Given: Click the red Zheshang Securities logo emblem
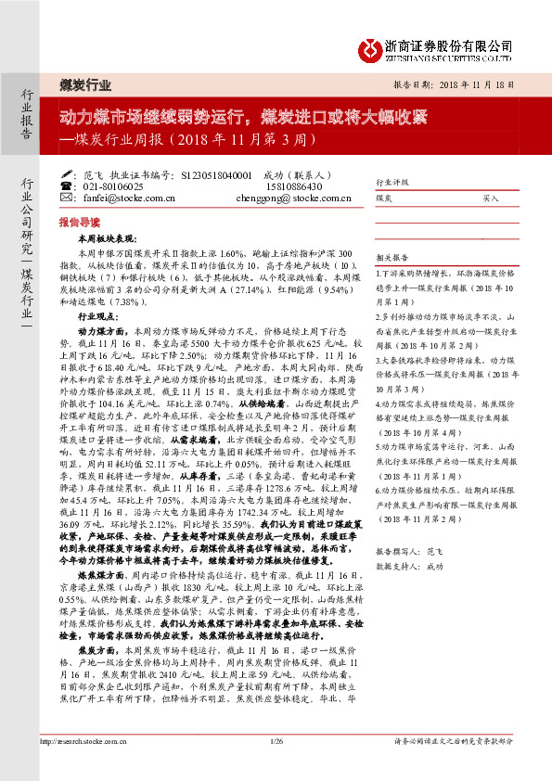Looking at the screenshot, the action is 374,47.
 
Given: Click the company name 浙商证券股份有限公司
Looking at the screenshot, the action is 449,44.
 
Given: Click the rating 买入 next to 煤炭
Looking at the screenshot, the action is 491,198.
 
